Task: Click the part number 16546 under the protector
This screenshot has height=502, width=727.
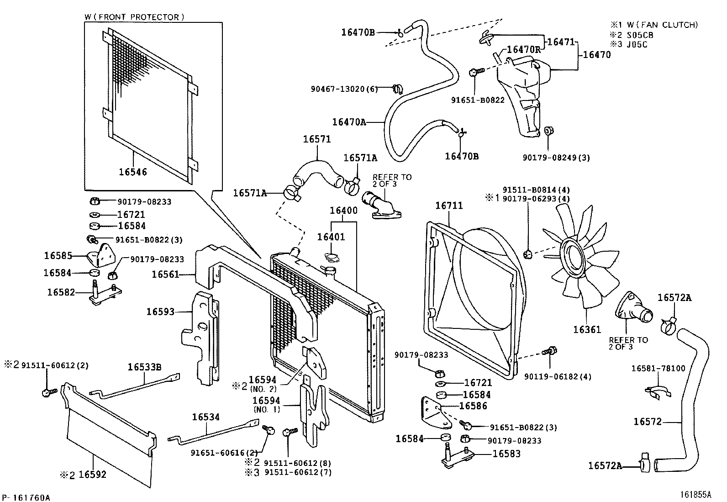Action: point(133,172)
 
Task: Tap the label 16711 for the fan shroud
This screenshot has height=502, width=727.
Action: point(449,206)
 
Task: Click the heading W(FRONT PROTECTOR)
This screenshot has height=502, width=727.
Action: point(134,17)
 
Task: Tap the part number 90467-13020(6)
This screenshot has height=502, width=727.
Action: point(344,89)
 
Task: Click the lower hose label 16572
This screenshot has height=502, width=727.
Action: point(647,422)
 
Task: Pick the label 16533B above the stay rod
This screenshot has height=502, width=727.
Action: point(144,367)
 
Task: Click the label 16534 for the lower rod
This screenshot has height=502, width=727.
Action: point(205,417)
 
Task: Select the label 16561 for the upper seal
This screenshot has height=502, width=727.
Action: point(165,274)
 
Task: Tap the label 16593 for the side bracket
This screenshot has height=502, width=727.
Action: point(160,312)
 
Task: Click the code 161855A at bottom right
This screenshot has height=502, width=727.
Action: point(695,494)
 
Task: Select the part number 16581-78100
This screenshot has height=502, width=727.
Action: point(658,368)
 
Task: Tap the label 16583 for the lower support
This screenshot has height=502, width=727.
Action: point(506,454)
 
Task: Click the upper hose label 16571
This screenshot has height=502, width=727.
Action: point(317,139)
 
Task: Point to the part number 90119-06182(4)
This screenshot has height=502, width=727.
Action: point(558,376)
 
